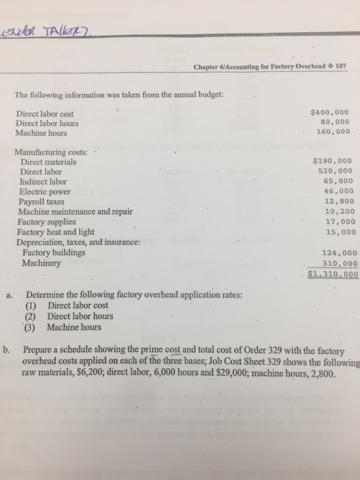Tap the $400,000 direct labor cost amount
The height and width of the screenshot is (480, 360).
[x=330, y=112]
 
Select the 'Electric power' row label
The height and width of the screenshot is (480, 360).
[x=47, y=193]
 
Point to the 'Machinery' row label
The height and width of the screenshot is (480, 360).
[x=43, y=263]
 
